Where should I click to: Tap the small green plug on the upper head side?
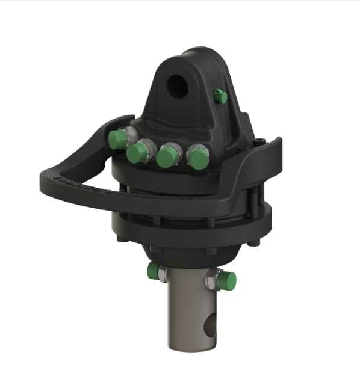click(x=221, y=96)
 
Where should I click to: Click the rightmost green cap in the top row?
click(x=198, y=158)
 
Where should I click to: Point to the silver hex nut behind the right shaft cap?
click(x=213, y=278)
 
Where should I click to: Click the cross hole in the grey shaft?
click(x=208, y=327)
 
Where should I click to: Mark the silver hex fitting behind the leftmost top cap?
click(x=128, y=134)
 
